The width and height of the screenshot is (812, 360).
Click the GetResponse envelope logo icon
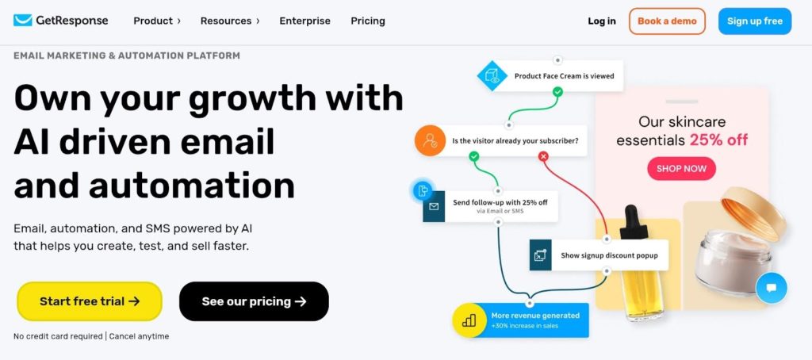point(23,21)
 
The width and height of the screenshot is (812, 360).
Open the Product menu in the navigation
point(157,21)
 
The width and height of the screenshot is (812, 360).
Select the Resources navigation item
point(230,21)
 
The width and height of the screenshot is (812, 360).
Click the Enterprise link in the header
point(304,21)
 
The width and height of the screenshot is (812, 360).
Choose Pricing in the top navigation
point(368,21)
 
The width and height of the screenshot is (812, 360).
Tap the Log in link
point(602,21)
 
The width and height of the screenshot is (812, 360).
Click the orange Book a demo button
point(667,21)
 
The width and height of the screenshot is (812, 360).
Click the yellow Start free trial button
point(90,301)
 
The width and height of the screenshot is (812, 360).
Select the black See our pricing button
point(254,301)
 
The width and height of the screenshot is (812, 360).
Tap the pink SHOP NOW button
point(681,169)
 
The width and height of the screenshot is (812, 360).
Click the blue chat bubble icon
point(771,288)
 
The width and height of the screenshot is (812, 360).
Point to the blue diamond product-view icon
point(492,76)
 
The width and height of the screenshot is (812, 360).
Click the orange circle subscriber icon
point(430,140)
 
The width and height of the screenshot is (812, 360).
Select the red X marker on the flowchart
point(543,156)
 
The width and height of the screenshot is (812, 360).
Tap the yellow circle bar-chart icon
point(468,320)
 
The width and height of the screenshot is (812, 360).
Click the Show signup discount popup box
point(599,255)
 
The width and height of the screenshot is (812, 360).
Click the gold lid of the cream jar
point(753,213)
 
